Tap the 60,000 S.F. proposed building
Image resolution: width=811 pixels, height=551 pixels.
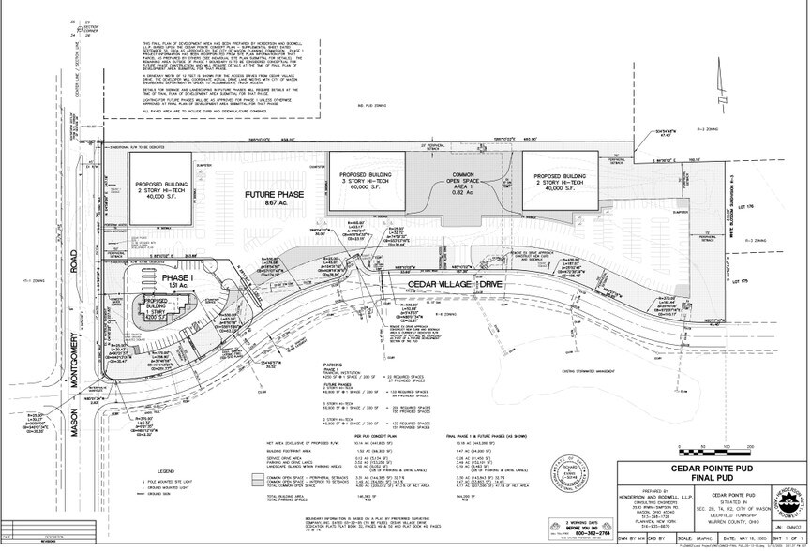[364, 181]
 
